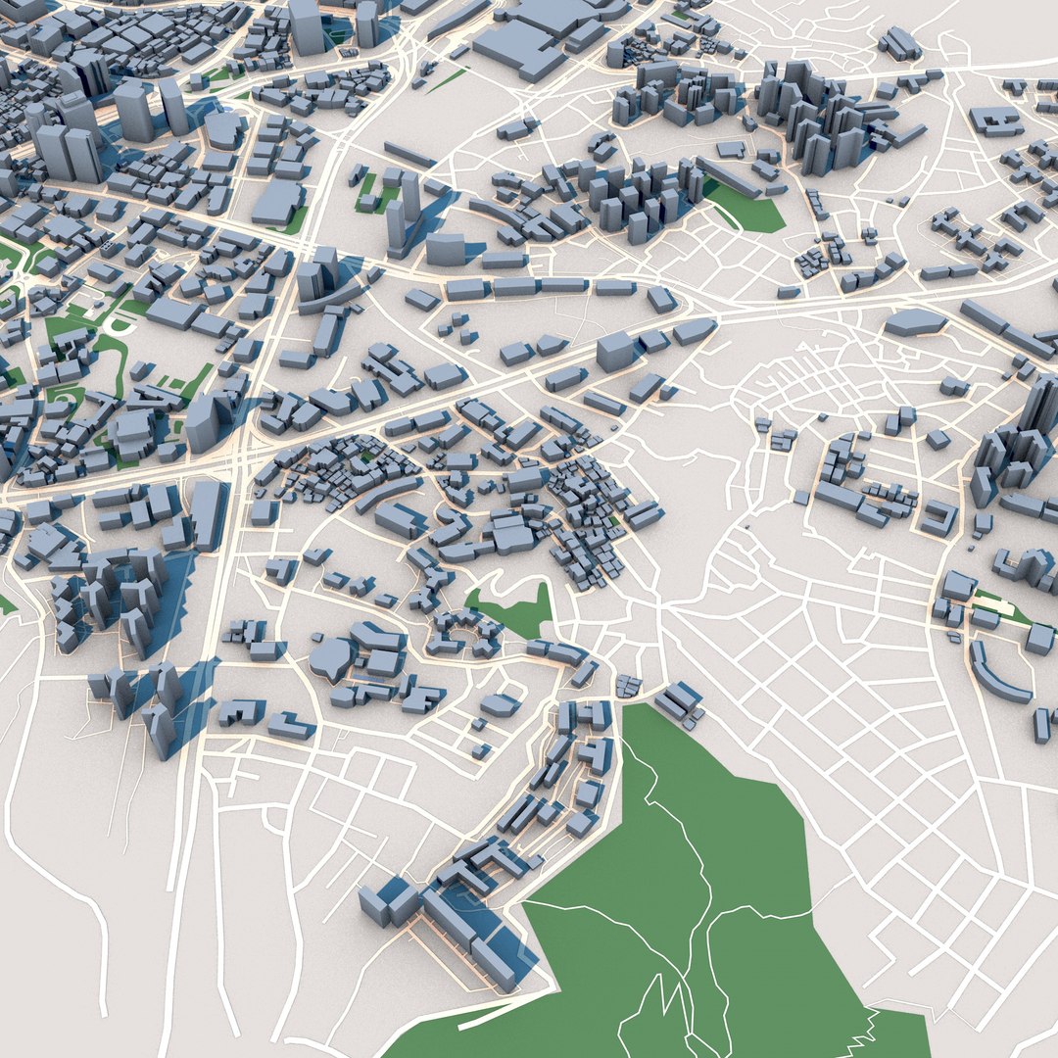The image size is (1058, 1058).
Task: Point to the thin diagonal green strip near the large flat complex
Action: click(446, 80)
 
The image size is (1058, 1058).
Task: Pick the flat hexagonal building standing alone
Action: click(916, 321)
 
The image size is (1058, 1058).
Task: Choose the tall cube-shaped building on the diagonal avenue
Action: click(614, 351)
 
